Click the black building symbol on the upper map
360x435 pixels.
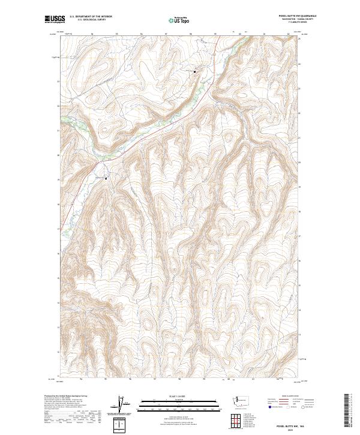pos(195,71)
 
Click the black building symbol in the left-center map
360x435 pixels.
pos(107,178)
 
